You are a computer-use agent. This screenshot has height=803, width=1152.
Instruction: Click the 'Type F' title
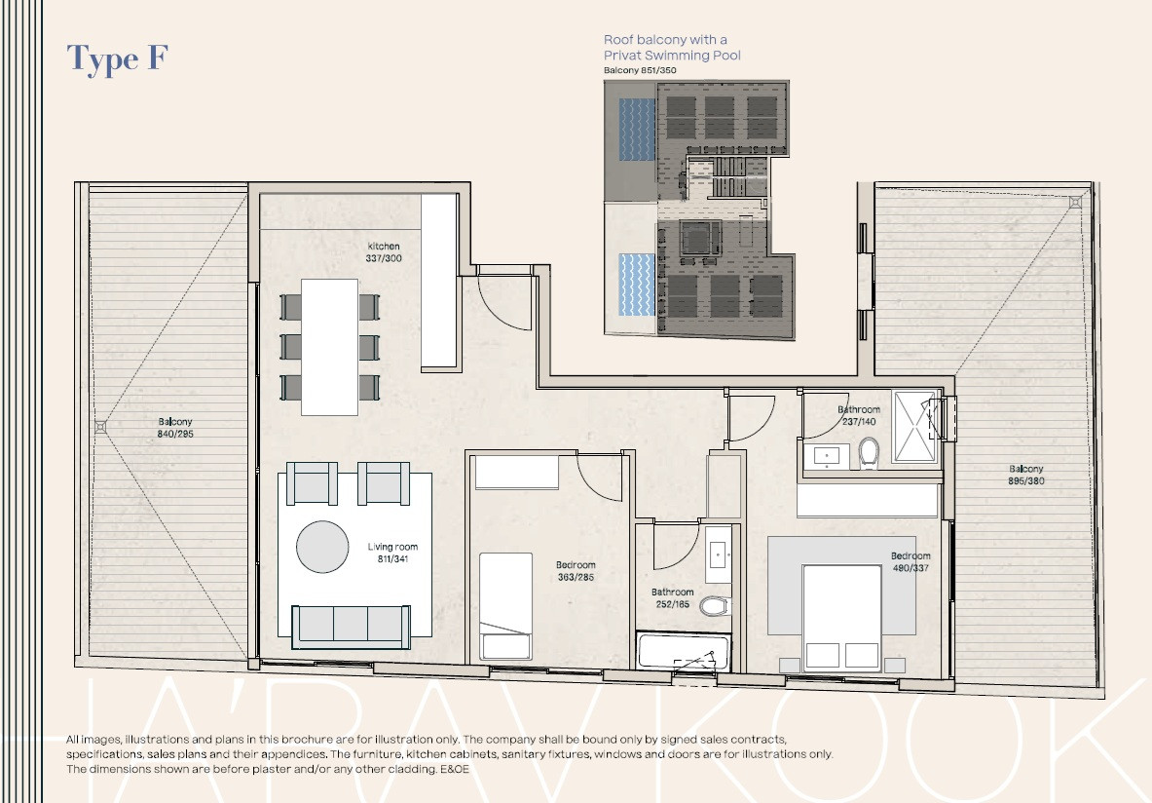point(118,58)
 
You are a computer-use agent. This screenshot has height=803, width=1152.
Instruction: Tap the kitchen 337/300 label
point(384,252)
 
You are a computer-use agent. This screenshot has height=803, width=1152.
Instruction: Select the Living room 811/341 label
point(392,554)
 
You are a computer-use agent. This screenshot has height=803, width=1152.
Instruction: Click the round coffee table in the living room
point(322,547)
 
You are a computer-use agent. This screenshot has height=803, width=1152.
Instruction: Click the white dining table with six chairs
point(330,346)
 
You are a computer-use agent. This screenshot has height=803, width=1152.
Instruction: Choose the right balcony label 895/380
point(1026,475)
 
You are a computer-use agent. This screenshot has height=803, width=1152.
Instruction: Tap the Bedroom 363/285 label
point(576,571)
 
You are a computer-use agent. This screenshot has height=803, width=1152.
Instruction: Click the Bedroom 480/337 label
point(910,562)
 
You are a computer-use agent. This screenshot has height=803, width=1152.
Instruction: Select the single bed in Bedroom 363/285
point(505,604)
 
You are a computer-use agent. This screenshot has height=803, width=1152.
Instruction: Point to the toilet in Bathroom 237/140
point(870,452)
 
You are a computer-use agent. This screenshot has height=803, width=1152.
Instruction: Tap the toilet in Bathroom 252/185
point(715,606)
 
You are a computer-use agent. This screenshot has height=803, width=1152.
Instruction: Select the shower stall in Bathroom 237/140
point(913,427)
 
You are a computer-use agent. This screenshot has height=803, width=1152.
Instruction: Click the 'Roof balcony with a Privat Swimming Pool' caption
point(672,48)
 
